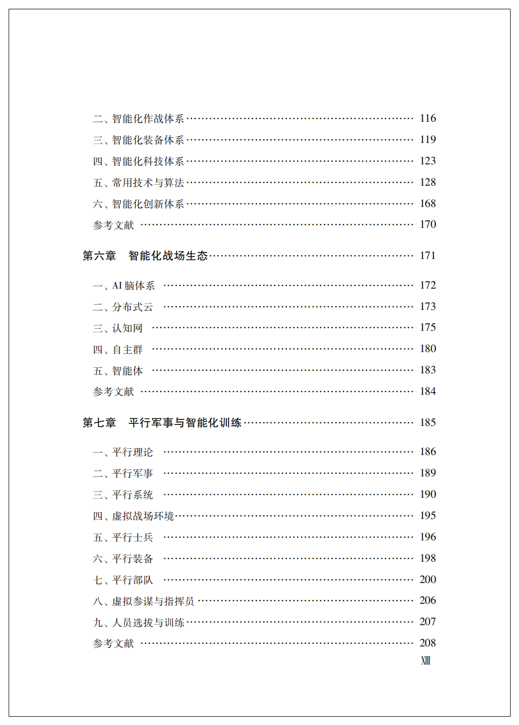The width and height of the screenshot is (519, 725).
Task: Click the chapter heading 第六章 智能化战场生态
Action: pos(145,256)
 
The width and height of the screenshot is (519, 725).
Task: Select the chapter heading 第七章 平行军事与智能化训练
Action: pos(162,423)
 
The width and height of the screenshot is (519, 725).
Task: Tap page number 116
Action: pos(428,119)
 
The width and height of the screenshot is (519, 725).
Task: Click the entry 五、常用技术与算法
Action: pos(138,183)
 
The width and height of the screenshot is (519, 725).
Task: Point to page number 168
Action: pos(428,204)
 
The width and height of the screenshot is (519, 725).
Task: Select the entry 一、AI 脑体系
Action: pos(124,286)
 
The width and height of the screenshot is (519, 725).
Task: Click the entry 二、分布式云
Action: pos(123,307)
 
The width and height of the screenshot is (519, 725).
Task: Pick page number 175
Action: pos(428,328)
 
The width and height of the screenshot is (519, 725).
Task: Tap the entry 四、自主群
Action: pos(118,349)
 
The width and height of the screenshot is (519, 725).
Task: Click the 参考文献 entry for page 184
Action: pos(113,392)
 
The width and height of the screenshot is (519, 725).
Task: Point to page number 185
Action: pos(428,423)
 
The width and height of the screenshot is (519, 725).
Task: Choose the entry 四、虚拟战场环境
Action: pos(133,516)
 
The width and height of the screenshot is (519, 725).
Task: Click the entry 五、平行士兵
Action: pos(123,537)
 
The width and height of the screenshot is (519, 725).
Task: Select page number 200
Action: pos(428,580)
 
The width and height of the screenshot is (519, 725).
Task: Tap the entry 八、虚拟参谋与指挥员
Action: pos(143,601)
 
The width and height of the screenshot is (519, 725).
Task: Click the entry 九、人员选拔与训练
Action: pos(138,623)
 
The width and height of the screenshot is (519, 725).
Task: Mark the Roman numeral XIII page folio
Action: pos(426,661)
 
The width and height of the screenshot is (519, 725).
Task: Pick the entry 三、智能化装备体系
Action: pos(138,140)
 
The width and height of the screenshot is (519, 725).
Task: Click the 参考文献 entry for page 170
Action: pos(113,225)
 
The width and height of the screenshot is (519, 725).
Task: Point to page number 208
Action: pos(428,643)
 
